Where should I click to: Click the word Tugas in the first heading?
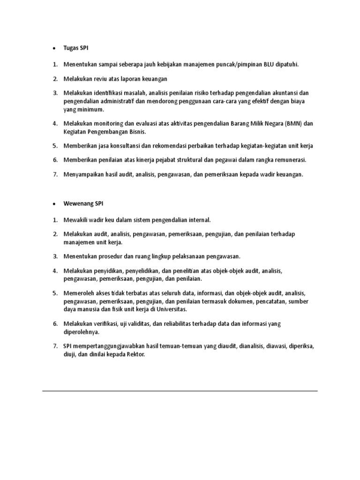tap(72, 48)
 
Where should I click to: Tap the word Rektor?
tap(135, 355)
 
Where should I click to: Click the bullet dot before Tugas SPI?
tap(54, 49)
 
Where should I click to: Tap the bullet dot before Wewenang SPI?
tap(54, 204)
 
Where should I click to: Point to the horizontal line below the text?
tap(180, 390)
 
